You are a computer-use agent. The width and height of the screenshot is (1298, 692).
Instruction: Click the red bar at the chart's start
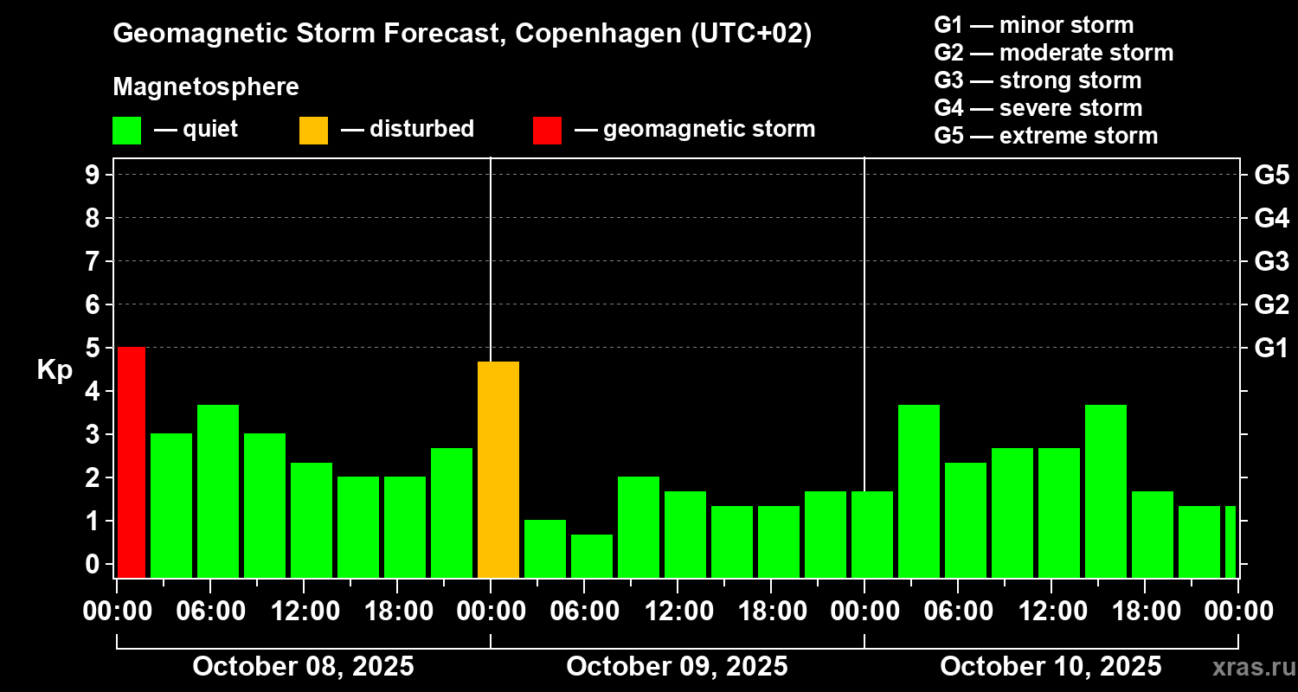pyautogui.click(x=132, y=462)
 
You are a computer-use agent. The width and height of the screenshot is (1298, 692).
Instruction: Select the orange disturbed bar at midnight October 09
pyautogui.click(x=498, y=469)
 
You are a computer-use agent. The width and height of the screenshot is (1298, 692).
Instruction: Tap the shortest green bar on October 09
pyautogui.click(x=592, y=555)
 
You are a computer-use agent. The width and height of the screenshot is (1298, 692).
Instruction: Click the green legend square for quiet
pyautogui.click(x=126, y=130)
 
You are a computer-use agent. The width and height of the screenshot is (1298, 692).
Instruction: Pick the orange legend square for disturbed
pyautogui.click(x=313, y=130)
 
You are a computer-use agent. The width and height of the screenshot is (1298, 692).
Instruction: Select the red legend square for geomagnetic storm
pyautogui.click(x=547, y=130)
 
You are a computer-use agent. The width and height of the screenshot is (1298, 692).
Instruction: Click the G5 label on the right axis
pyautogui.click(x=1271, y=175)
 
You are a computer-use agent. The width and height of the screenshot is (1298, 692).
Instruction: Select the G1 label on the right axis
pyautogui.click(x=1271, y=348)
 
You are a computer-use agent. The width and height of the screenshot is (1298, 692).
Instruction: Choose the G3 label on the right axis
pyautogui.click(x=1271, y=261)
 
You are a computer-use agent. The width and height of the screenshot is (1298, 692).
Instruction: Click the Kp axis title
pyautogui.click(x=55, y=370)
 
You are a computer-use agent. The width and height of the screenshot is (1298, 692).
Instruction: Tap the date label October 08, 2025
pyautogui.click(x=303, y=667)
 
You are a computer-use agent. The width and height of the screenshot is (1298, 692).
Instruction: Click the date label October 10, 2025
pyautogui.click(x=1051, y=667)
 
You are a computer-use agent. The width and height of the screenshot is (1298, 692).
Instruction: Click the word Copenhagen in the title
pyautogui.click(x=594, y=35)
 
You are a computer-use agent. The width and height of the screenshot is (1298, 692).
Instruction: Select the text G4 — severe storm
pyautogui.click(x=1038, y=108)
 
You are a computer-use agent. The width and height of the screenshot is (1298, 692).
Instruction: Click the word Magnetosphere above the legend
pyautogui.click(x=206, y=87)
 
